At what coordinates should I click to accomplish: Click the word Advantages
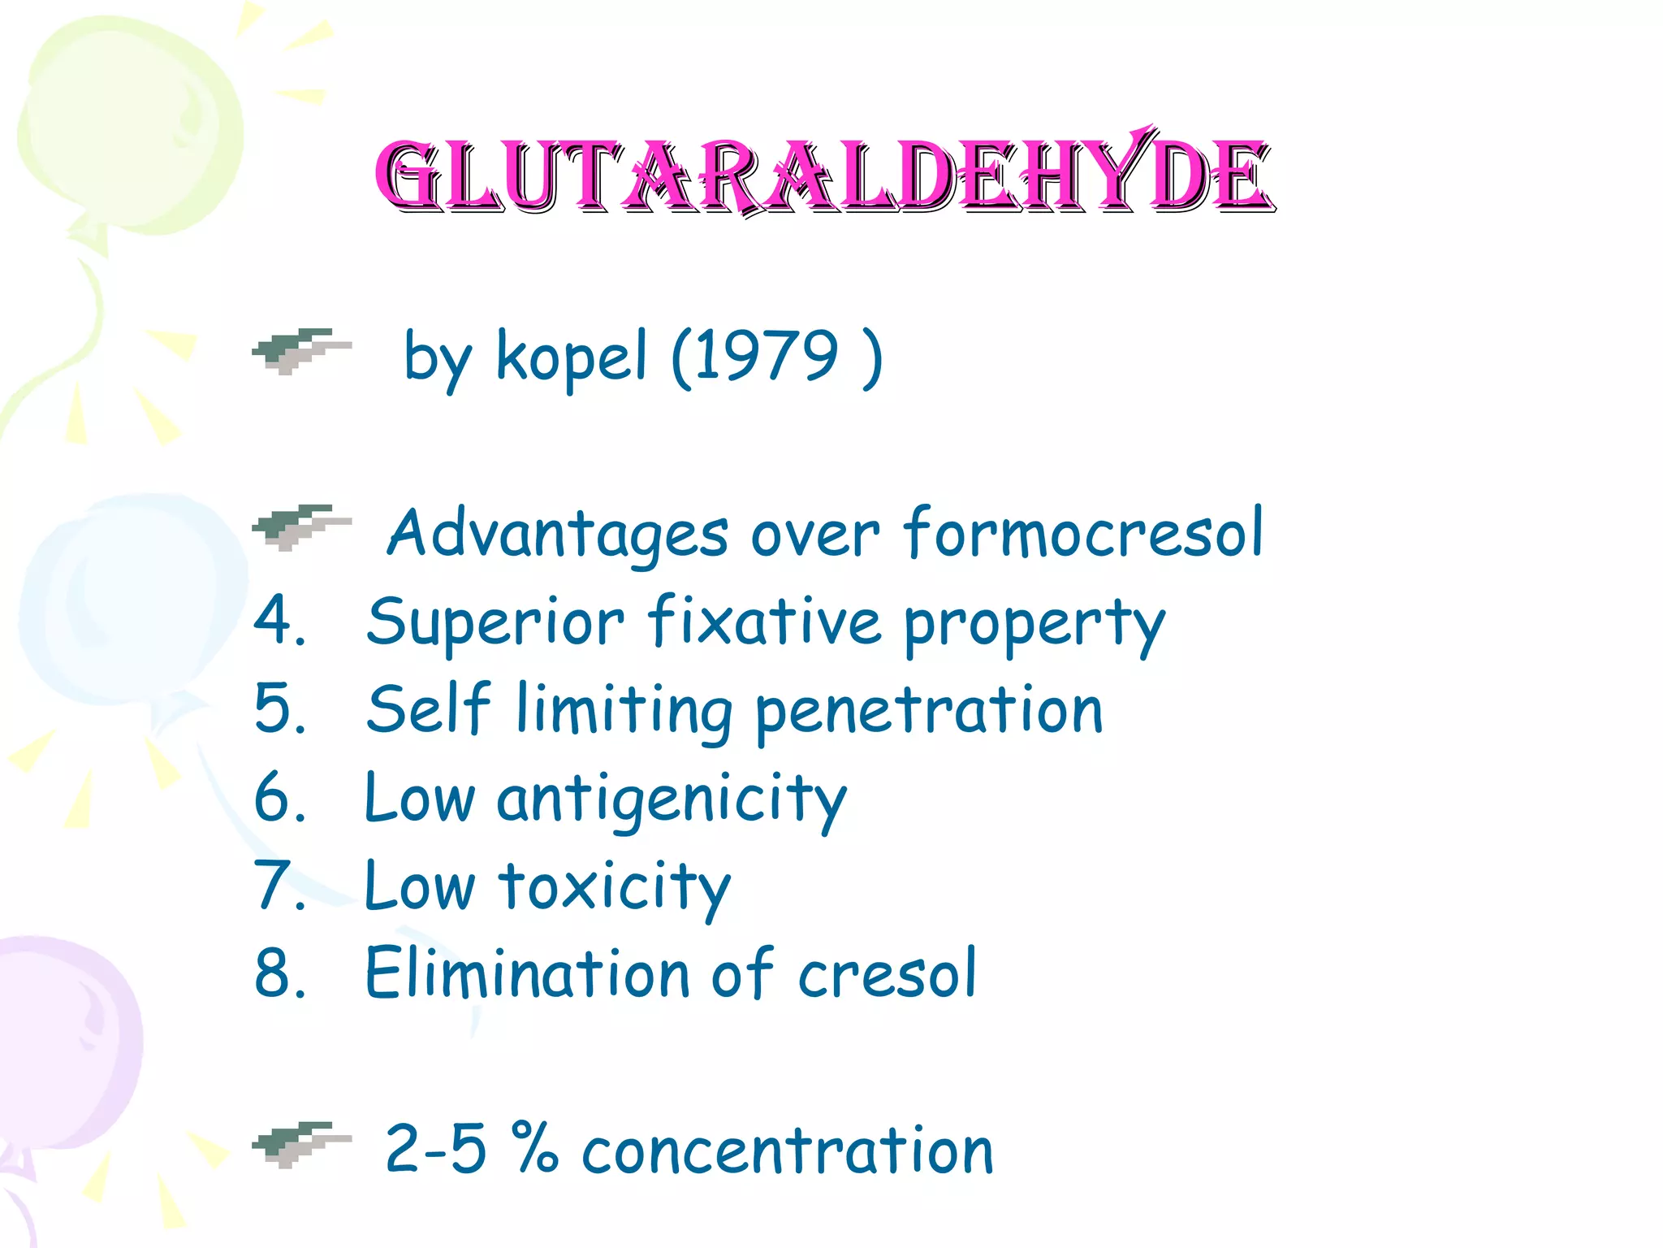click(x=557, y=534)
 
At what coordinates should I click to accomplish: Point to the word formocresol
click(x=1083, y=533)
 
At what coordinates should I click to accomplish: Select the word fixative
click(x=764, y=622)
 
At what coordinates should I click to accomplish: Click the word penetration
click(x=929, y=710)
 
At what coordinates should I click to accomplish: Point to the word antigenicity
click(x=672, y=799)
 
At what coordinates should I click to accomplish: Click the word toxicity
click(x=615, y=887)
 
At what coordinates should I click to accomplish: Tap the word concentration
click(x=787, y=1150)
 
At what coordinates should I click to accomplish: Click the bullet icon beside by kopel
click(x=300, y=351)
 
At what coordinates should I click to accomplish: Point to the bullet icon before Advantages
click(x=300, y=527)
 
